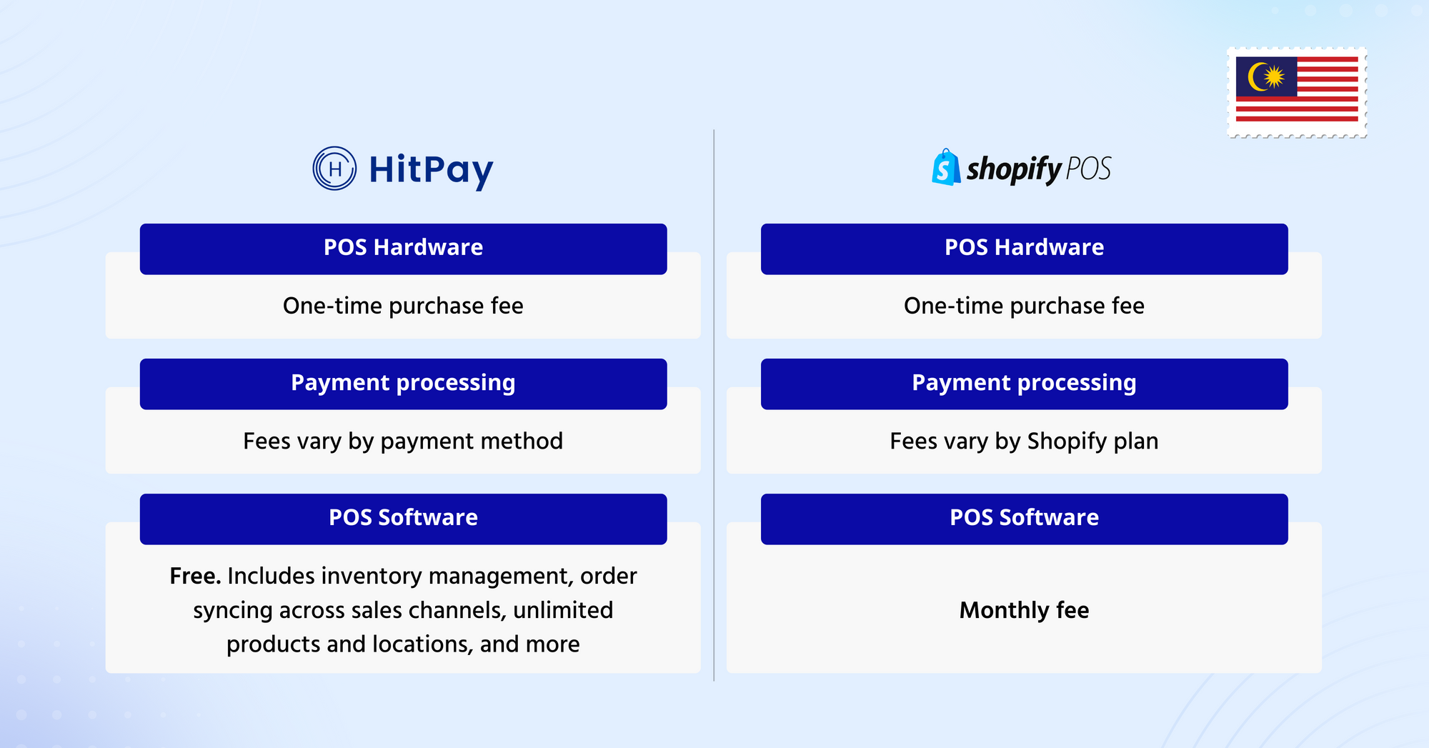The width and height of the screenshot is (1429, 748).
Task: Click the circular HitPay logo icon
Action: [334, 169]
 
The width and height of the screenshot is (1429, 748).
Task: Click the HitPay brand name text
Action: [431, 170]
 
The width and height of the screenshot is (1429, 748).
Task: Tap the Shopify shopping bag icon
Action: [946, 167]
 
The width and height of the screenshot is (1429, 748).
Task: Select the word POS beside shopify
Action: [1088, 169]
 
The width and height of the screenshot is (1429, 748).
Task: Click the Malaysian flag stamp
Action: [1297, 92]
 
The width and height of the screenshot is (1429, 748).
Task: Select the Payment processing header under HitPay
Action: [403, 384]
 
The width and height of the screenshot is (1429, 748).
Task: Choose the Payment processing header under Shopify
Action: [1025, 384]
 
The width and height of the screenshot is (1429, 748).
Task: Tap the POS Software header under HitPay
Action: [403, 519]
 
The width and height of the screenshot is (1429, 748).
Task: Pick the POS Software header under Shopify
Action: [1025, 519]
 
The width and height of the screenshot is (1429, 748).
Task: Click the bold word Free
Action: [195, 576]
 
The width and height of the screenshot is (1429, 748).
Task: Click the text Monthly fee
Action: [1025, 610]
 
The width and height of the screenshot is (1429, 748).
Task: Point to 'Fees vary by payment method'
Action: [403, 442]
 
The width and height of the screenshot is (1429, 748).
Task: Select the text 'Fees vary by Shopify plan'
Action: [1025, 442]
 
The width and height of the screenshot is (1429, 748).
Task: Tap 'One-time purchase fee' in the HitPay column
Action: [403, 306]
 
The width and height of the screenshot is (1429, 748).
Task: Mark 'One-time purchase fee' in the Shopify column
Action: [1025, 306]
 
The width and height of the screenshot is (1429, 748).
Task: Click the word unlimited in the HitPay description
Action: [563, 610]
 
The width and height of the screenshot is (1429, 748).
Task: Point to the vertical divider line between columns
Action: [714, 405]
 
